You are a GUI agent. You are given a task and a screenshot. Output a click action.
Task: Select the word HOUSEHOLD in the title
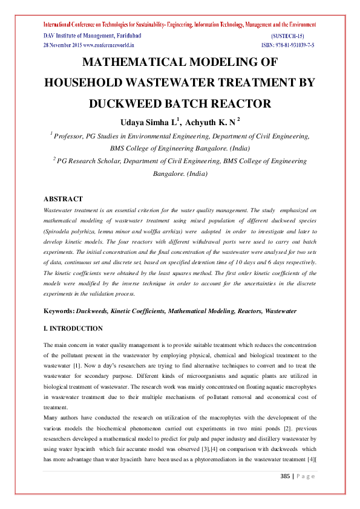[98, 83]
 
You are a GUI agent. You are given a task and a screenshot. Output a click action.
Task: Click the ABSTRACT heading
[63, 199]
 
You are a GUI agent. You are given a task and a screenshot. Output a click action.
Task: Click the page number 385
[286, 477]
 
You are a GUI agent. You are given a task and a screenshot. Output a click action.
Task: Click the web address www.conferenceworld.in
[108, 45]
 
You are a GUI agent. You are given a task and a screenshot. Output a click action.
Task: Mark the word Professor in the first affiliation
[71, 137]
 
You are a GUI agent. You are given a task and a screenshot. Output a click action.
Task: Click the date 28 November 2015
[62, 45]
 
